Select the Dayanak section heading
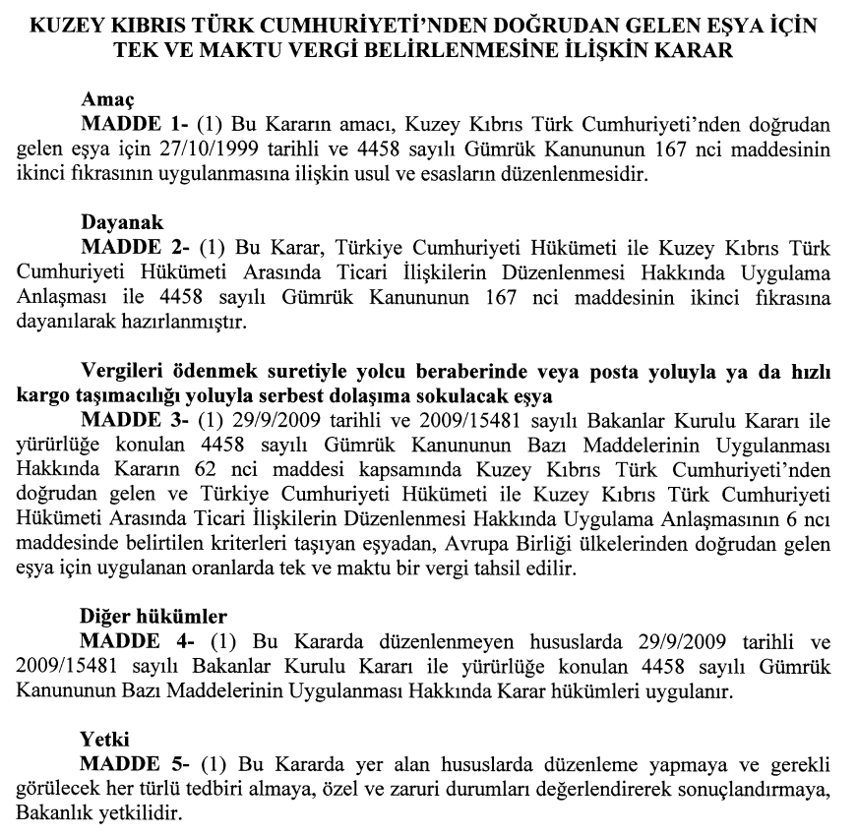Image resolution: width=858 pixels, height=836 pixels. [x=120, y=222]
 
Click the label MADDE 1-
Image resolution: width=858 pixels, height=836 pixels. [x=135, y=125]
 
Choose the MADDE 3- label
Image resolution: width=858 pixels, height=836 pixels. [x=135, y=420]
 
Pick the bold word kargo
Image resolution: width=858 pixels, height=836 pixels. [x=38, y=395]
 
